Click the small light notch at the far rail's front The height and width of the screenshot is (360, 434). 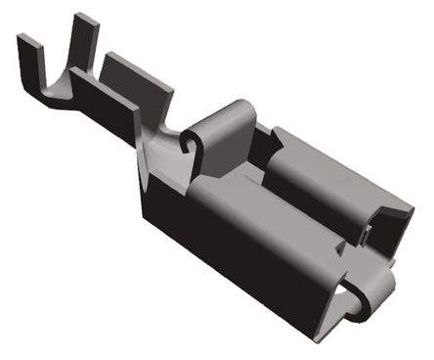368,233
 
